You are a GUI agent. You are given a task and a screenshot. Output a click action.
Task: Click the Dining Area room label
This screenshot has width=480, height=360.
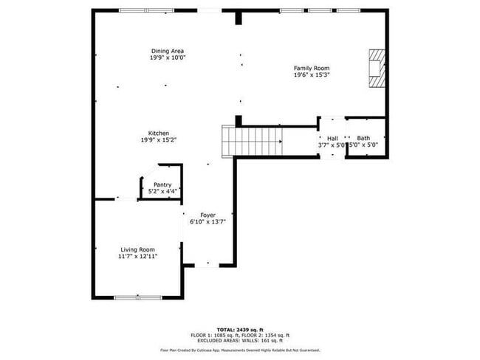168,51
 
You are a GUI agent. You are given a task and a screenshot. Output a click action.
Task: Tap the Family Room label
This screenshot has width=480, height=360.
312,68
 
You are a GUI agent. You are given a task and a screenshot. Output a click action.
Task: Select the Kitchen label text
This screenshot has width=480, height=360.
159,134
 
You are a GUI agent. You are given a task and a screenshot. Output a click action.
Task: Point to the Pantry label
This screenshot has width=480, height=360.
162,184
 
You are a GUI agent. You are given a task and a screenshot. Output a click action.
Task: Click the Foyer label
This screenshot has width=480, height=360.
208,215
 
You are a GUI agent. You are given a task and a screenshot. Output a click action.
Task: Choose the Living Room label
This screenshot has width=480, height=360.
137,249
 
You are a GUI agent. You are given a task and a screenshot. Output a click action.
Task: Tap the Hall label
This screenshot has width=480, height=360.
332,138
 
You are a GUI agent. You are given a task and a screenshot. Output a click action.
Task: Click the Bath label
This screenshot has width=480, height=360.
363,138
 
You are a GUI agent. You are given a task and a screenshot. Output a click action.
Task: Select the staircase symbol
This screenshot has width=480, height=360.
253,139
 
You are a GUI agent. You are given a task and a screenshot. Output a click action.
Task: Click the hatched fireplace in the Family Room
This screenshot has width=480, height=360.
377,68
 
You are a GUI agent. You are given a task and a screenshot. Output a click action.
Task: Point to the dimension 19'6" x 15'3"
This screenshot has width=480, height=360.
312,75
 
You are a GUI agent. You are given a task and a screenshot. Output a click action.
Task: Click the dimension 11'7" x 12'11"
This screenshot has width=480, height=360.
137,257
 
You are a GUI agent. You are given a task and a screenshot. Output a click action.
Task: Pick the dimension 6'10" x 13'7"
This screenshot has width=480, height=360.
208,221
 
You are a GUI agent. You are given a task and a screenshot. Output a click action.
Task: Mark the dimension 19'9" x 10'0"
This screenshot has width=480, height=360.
168,58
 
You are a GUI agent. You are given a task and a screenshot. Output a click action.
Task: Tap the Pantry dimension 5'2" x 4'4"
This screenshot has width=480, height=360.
162,191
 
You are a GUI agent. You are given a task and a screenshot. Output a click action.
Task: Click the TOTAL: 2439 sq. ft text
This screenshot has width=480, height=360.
240,329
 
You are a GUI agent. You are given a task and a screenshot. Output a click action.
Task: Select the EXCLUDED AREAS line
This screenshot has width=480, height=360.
240,340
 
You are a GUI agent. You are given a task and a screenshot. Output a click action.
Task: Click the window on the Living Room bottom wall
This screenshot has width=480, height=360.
138,297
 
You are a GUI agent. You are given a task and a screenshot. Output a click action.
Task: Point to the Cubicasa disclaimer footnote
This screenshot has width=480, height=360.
240,350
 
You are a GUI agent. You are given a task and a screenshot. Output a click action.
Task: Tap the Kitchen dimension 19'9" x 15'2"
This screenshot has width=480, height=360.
159,140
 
